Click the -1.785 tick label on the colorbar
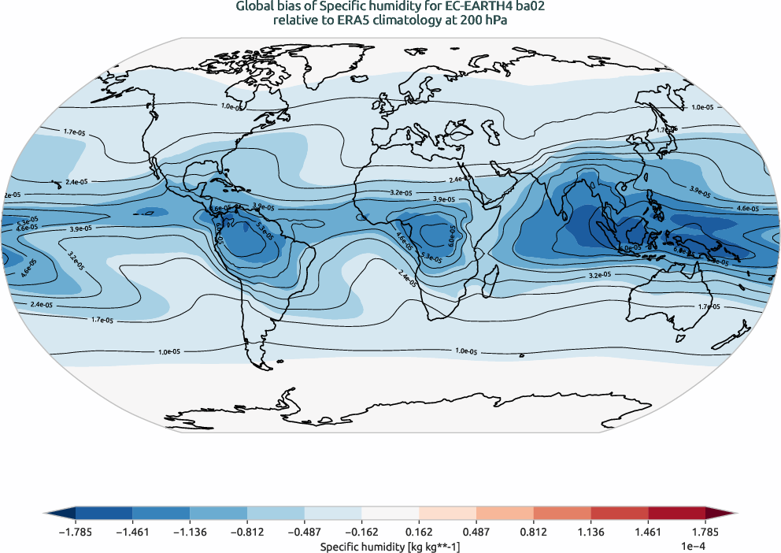76,532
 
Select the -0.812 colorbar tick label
247,532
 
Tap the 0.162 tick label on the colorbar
419,532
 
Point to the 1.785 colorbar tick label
705,532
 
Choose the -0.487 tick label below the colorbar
305,532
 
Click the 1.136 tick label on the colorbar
590,532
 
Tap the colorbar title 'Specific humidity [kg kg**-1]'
390,545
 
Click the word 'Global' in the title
254,6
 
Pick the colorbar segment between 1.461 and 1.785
676,513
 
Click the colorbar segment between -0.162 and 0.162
390,513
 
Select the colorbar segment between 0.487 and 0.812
505,513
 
